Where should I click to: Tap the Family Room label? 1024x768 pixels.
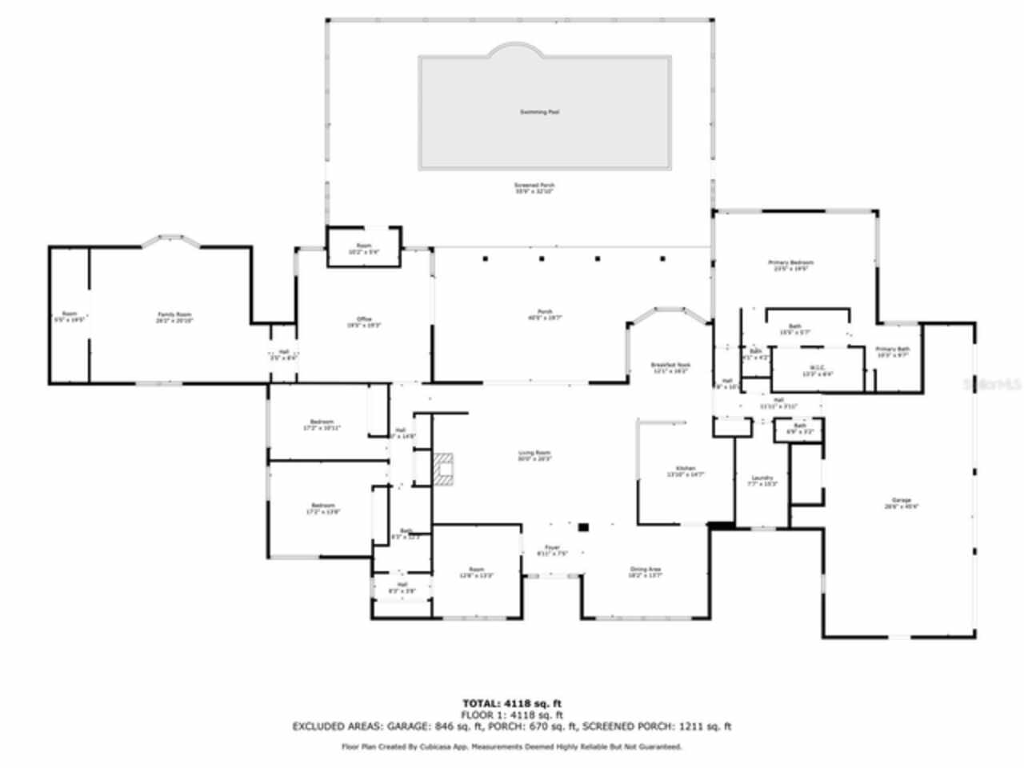point(174,316)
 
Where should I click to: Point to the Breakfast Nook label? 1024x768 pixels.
point(670,366)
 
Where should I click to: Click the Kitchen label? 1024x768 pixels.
point(686,469)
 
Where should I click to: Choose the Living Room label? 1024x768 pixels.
point(534,454)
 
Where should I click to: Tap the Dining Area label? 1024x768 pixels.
point(645,570)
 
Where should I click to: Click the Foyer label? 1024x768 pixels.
point(552,548)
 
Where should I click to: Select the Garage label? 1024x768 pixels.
point(902,501)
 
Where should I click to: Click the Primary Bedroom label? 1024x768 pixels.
point(790,263)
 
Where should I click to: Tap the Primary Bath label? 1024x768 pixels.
point(892,350)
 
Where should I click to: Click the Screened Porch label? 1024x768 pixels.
point(534,186)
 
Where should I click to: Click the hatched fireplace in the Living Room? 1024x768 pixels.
point(443,469)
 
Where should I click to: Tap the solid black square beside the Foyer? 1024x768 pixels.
point(583,527)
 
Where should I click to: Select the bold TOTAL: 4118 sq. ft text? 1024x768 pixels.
point(512,703)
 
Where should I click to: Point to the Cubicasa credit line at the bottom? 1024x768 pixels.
point(512,746)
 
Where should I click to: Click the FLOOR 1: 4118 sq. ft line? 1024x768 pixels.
point(512,714)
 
